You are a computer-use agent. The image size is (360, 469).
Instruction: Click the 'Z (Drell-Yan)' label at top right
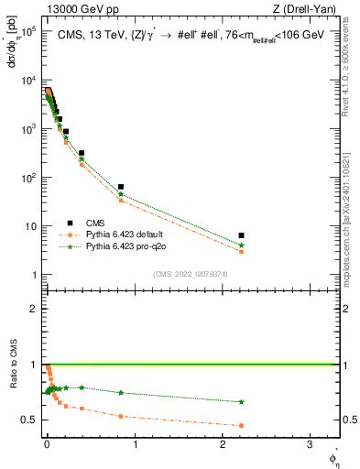click(308, 9)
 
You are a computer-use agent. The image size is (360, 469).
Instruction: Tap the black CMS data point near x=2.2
click(241, 235)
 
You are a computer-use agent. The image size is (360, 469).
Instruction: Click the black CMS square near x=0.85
click(121, 187)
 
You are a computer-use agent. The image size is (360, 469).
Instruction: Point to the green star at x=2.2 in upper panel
click(241, 245)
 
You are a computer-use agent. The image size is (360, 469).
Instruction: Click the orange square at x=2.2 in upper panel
click(241, 251)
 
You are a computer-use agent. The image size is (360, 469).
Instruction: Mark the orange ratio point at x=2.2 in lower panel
click(241, 425)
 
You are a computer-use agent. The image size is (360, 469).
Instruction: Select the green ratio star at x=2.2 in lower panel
click(241, 401)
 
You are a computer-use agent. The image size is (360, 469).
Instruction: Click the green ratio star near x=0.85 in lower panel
click(121, 392)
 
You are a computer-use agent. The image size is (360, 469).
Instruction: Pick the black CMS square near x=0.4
click(82, 153)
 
